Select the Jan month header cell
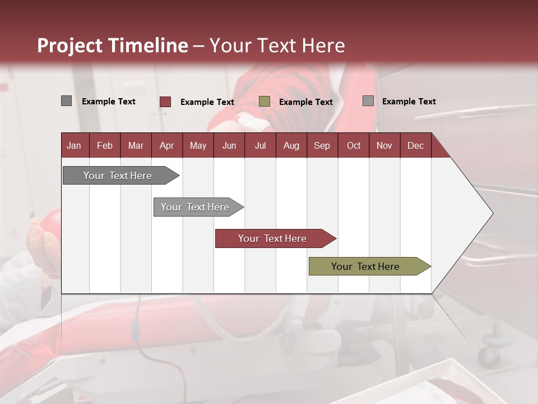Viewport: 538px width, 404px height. click(x=74, y=145)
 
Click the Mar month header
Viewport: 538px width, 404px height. click(x=136, y=145)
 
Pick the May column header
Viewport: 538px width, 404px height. click(x=198, y=145)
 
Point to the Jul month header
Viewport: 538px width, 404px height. click(x=260, y=145)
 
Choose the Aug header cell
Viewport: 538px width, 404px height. click(x=291, y=145)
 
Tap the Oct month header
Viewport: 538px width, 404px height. click(x=353, y=145)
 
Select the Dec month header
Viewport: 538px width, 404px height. click(x=415, y=145)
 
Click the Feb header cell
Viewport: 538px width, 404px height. click(x=105, y=145)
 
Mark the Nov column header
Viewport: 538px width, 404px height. click(x=384, y=145)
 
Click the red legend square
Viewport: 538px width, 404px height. click(x=165, y=102)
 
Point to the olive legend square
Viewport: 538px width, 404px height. click(x=265, y=102)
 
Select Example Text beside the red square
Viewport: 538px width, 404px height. click(x=207, y=102)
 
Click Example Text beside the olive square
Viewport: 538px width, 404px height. click(x=305, y=102)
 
